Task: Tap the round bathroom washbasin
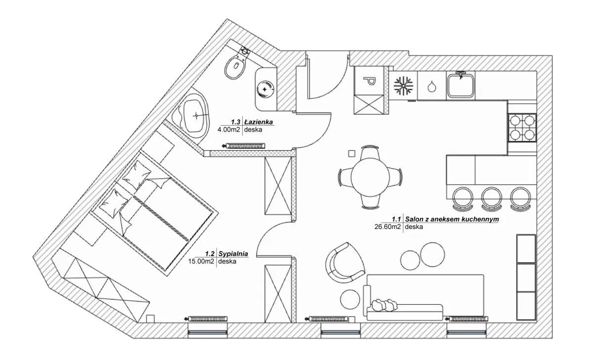(266, 89)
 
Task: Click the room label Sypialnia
(233, 254)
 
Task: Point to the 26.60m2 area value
(389, 227)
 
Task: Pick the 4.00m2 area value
(229, 130)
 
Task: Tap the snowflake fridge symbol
(403, 86)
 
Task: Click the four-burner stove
(522, 127)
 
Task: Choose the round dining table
(370, 177)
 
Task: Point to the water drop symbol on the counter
(432, 87)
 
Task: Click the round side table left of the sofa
(350, 298)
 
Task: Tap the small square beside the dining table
(351, 153)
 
